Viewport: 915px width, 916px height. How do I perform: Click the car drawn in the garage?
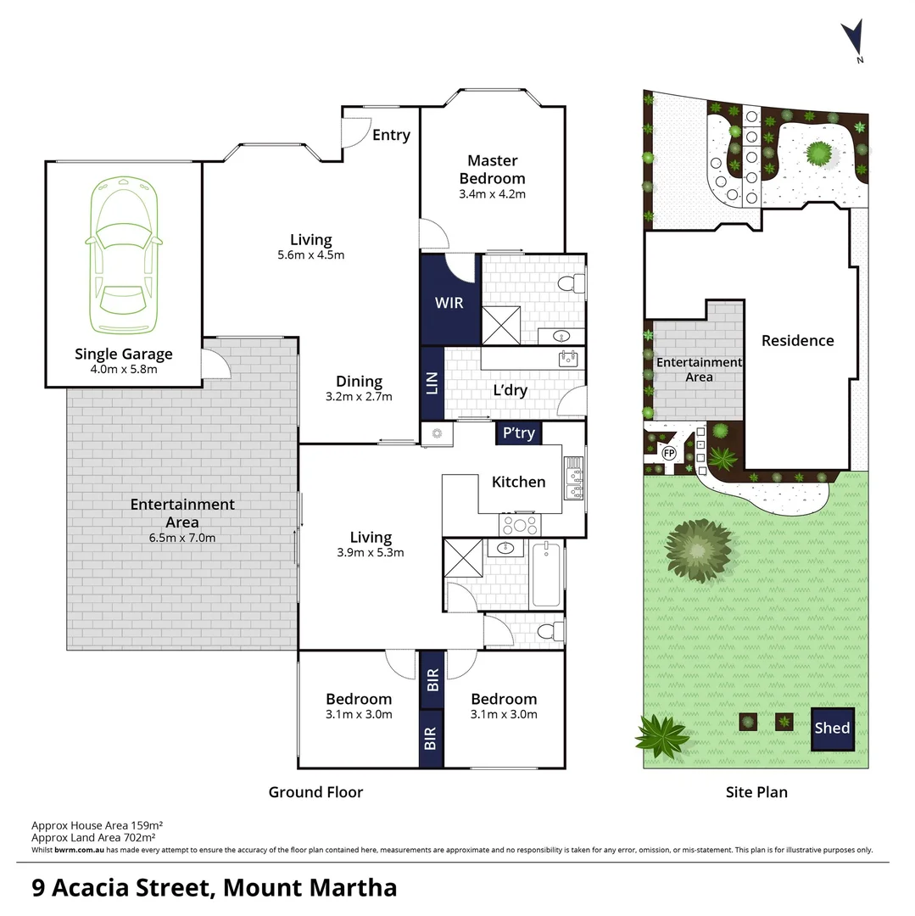pos(124,257)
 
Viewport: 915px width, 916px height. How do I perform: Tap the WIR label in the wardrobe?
pos(449,302)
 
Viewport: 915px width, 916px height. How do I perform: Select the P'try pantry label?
pos(519,433)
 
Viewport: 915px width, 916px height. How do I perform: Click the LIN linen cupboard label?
pos(432,383)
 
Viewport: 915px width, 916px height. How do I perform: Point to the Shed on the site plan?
pos(832,729)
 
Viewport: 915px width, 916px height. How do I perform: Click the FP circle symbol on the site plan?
pos(668,453)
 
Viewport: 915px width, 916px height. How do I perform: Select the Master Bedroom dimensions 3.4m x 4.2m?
pos(492,193)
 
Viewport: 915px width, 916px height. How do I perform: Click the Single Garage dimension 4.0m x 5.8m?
pos(124,369)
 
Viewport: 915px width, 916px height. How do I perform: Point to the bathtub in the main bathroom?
pos(546,576)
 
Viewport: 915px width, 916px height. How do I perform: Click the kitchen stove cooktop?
pos(520,523)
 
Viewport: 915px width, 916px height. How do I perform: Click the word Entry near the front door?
pos(391,135)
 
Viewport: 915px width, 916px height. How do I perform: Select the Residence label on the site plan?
pos(797,341)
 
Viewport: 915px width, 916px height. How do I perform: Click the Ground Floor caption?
pos(315,792)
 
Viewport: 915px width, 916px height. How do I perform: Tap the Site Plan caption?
pos(756,792)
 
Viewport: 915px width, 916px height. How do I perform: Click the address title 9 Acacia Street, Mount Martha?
pos(214,888)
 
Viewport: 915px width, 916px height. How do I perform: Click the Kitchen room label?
pos(519,482)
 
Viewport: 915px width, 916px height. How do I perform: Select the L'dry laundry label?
pos(511,391)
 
